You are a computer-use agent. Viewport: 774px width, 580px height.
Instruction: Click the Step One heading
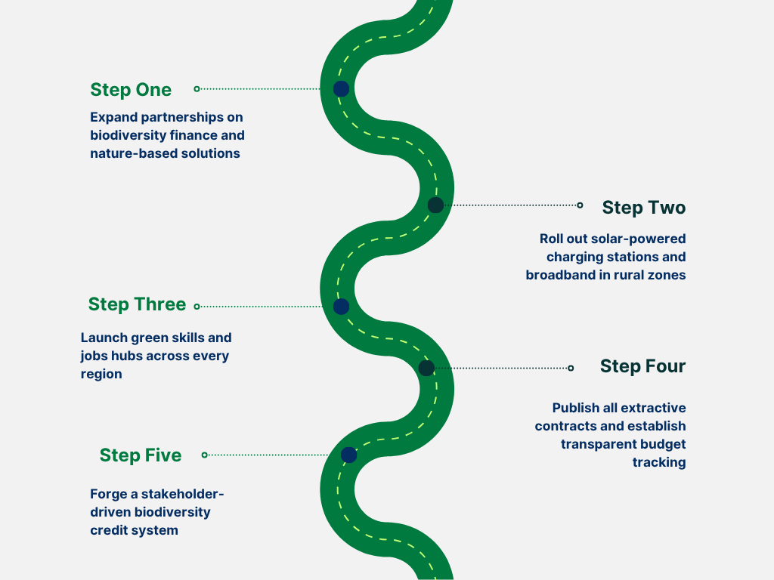(x=131, y=90)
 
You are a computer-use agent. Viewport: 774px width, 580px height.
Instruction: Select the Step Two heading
(x=643, y=208)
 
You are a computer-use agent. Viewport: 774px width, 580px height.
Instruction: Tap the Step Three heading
(x=137, y=304)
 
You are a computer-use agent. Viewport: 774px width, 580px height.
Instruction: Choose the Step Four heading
(x=642, y=366)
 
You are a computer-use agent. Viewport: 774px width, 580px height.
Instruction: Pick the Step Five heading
(x=141, y=455)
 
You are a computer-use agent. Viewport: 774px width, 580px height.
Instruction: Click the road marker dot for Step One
(x=341, y=89)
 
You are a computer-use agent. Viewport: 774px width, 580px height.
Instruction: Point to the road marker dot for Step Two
(x=435, y=205)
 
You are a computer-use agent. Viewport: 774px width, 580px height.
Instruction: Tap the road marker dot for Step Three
(x=341, y=307)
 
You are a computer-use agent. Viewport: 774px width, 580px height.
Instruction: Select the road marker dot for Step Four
(x=426, y=368)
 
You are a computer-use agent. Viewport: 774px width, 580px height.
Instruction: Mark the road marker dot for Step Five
(x=348, y=455)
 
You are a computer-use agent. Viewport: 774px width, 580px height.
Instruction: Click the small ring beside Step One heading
(x=197, y=89)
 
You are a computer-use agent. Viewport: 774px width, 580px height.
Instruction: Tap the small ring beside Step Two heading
(x=580, y=205)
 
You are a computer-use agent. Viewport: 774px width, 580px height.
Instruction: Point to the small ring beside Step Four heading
(x=571, y=368)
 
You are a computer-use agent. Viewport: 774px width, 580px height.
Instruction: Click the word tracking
(x=659, y=462)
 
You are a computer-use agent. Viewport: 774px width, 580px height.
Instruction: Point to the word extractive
(x=653, y=408)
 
